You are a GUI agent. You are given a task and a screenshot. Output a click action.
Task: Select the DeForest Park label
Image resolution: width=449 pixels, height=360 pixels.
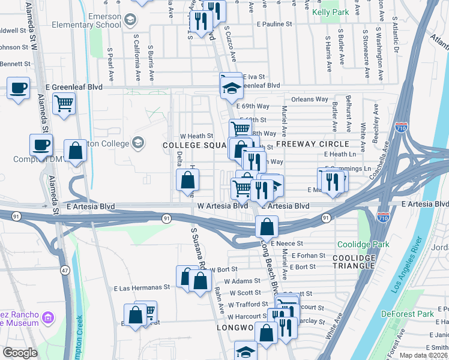[x=407, y=314]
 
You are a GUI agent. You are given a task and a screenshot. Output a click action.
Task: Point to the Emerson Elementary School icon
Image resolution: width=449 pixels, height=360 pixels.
[x=129, y=21]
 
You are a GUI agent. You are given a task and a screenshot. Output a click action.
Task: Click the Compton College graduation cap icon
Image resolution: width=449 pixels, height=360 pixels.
[x=138, y=143]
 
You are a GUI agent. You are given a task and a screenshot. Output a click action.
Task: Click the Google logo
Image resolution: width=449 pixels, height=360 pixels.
[x=20, y=353]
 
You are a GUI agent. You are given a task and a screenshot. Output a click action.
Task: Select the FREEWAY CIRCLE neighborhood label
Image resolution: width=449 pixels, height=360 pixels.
[x=320, y=144]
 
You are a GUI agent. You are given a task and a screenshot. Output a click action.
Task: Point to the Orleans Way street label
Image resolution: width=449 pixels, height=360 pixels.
[x=310, y=99]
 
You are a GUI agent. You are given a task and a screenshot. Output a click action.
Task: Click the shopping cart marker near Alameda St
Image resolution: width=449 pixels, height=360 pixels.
[x=64, y=103]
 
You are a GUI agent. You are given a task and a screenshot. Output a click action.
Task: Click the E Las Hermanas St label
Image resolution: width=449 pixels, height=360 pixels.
[x=142, y=287]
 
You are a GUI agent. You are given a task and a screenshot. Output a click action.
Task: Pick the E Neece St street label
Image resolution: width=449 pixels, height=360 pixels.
[x=287, y=244]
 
